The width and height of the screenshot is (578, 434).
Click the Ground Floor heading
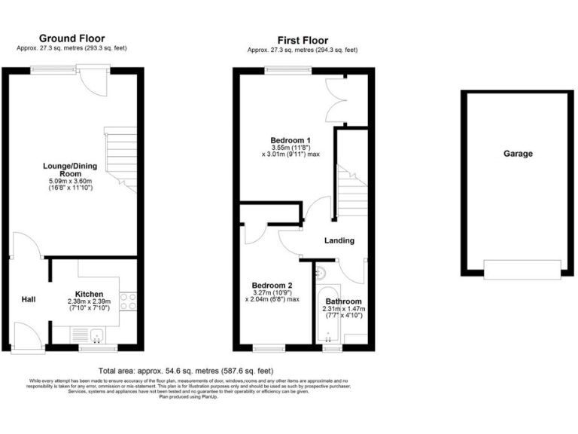tap(71, 38)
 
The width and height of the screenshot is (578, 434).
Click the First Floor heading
tap(302, 41)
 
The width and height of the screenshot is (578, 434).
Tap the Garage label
tap(518, 154)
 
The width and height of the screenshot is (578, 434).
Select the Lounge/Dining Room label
tap(71, 168)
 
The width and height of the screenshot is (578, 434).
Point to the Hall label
tap(29, 300)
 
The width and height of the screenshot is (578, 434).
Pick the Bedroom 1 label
tap(291, 141)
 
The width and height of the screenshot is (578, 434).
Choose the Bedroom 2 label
tap(272, 286)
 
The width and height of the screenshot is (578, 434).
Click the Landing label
tap(339, 240)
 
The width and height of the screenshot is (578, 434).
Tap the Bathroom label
tap(343, 301)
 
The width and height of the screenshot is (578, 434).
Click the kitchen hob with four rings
tap(128, 301)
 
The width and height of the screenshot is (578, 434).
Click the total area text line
tap(185, 371)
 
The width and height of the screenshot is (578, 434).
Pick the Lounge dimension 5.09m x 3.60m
tap(71, 182)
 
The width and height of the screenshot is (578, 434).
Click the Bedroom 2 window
tap(267, 349)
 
